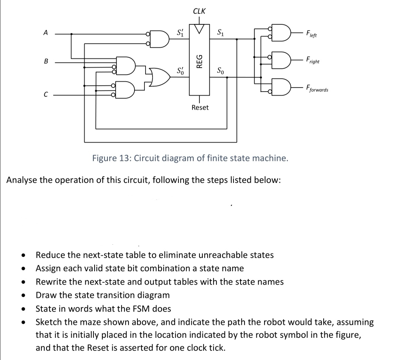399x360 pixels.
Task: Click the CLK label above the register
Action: coord(200,11)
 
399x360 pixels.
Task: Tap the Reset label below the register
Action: coord(200,108)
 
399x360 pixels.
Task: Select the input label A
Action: coord(45,33)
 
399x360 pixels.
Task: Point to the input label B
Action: coord(46,62)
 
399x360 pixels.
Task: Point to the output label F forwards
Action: coord(316,89)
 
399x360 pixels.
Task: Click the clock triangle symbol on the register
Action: coord(200,28)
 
